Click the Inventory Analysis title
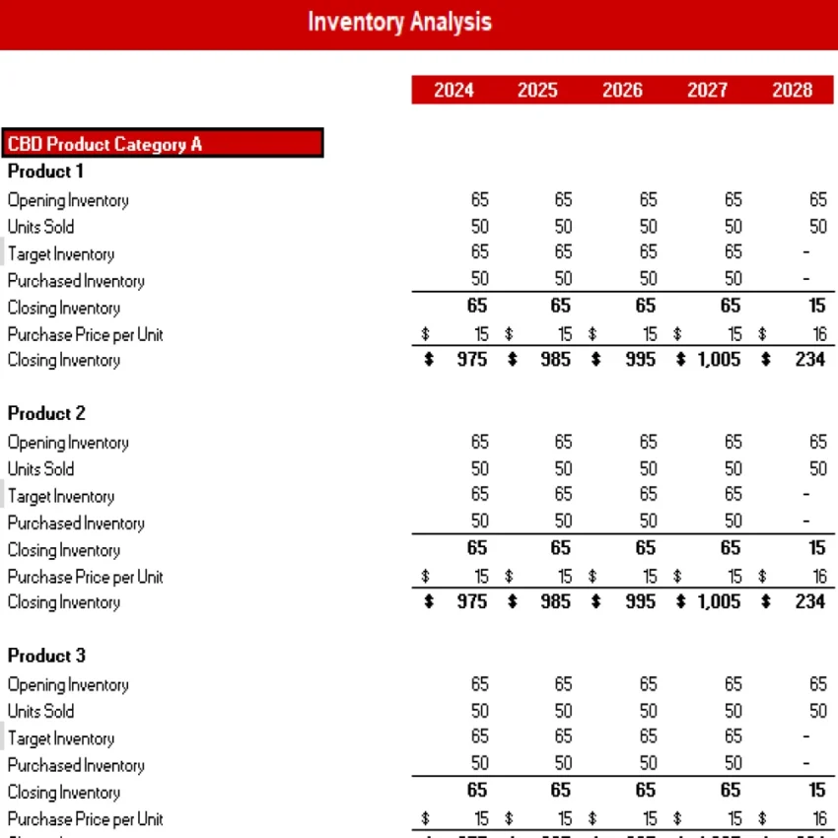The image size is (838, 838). [399, 22]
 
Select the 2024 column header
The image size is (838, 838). [454, 91]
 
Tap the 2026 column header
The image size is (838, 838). [623, 91]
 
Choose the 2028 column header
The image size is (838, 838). [792, 91]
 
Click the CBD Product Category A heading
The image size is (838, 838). [105, 144]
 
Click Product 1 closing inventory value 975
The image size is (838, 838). [472, 360]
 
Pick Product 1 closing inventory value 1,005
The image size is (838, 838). [718, 360]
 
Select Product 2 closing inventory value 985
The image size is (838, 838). [556, 602]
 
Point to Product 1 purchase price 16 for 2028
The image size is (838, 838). [819, 334]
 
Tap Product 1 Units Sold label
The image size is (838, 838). [40, 227]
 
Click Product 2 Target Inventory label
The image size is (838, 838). [61, 497]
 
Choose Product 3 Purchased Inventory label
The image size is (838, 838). [76, 766]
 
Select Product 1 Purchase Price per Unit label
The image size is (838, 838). [85, 334]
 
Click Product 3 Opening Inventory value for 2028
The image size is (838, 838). [818, 684]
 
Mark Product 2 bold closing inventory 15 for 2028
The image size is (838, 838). [816, 549]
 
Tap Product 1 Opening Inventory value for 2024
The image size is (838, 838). [479, 200]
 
